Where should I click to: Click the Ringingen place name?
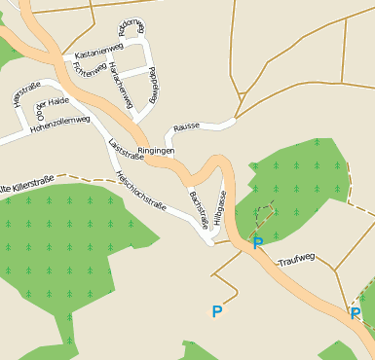156,152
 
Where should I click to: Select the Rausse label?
186,127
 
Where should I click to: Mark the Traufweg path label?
296,260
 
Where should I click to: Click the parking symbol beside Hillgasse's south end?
257,243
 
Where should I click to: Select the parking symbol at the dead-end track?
216,311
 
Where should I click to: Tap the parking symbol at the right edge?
356,313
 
